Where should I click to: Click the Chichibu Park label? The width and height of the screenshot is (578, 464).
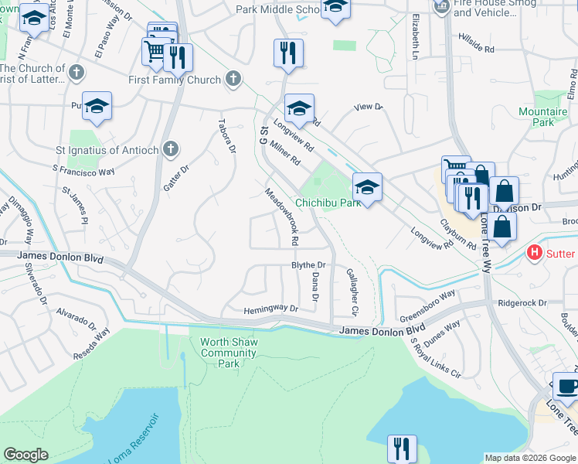click(328, 203)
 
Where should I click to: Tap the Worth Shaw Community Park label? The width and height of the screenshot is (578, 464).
click(228, 353)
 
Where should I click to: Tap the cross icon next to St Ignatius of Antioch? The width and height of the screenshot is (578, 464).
click(172, 149)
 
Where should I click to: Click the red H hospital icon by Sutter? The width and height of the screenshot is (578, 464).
click(533, 253)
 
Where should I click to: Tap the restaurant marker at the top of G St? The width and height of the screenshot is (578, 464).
click(287, 53)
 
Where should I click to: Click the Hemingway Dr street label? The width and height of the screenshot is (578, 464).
click(270, 309)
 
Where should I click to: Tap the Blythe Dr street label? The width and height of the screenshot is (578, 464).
click(308, 265)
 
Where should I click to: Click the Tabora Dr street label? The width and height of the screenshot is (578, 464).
click(226, 135)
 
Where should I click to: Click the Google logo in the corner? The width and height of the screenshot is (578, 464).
click(26, 455)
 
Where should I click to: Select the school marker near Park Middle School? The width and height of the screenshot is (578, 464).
click(335, 7)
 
